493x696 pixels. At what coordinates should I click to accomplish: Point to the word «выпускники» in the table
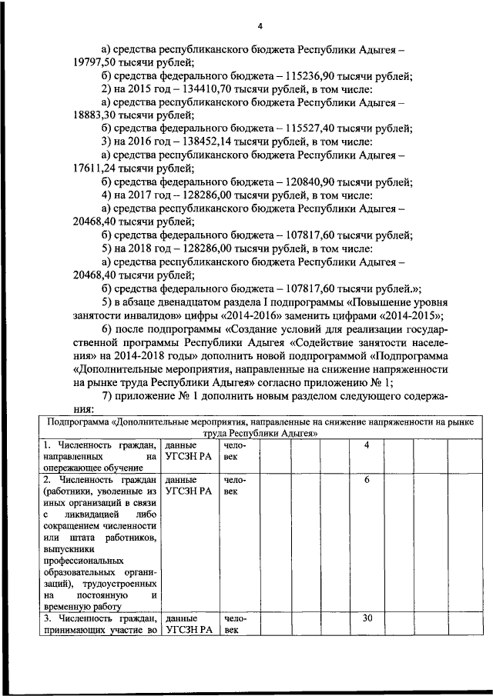tap(68, 549)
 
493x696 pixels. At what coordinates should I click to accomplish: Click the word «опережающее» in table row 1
tap(75, 468)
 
